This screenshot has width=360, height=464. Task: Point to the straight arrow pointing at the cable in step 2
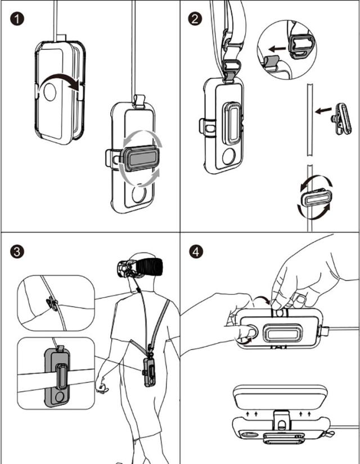point(321,111)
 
